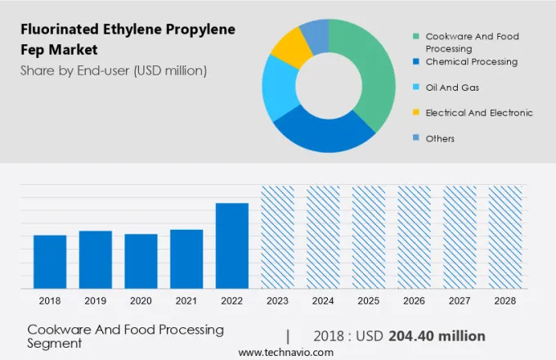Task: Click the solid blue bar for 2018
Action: [x=50, y=262]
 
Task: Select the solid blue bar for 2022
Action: [x=232, y=245]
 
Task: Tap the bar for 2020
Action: [x=141, y=261]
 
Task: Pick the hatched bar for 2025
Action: [x=369, y=237]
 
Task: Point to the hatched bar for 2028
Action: [x=505, y=237]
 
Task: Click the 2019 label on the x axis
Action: [x=95, y=301]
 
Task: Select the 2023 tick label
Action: [x=277, y=301]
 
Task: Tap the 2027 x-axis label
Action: [x=460, y=301]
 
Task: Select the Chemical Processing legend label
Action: [x=471, y=61]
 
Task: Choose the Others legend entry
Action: [x=440, y=138]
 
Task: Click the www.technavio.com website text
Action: [x=286, y=353]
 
